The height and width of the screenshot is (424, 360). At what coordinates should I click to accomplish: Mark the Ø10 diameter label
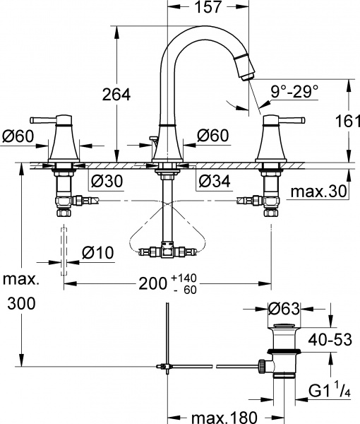coord(98,251)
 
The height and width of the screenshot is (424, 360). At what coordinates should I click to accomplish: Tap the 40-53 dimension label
coord(335,339)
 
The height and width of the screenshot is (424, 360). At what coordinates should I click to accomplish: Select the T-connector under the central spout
coord(167,250)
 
